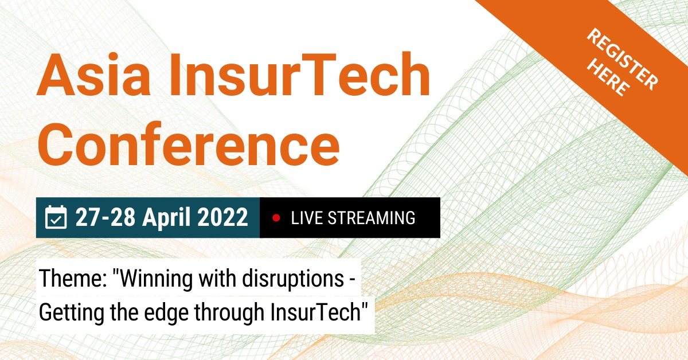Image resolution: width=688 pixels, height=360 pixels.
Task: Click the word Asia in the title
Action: [x=93, y=75]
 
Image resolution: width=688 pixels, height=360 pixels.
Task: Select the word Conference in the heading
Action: [x=188, y=144]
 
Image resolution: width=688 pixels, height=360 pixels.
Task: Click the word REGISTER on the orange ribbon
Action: [x=623, y=59]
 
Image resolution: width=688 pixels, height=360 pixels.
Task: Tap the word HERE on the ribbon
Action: [x=608, y=79]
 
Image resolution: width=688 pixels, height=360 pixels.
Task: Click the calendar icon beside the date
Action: [x=56, y=217]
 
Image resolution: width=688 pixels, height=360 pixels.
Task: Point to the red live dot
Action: [x=276, y=218]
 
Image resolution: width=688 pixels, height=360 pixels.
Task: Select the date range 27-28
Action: [x=105, y=217]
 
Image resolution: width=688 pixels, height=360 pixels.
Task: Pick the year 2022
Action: [x=222, y=217]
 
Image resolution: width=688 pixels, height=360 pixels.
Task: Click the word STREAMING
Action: [x=372, y=218]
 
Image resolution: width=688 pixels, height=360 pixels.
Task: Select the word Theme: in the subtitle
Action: [x=73, y=278]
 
